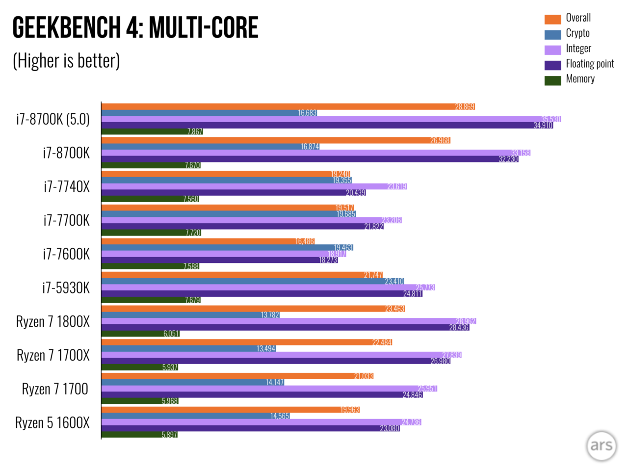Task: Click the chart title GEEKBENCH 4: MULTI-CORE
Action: [x=135, y=27]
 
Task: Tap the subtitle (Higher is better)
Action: [x=66, y=61]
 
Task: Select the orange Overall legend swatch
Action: [x=552, y=19]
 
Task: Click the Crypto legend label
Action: [x=577, y=33]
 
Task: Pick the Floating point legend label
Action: [x=590, y=64]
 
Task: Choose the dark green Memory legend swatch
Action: [x=552, y=80]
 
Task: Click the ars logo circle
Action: [x=601, y=445]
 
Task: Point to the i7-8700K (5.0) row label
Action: [x=53, y=119]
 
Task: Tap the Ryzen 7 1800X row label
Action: [x=53, y=322]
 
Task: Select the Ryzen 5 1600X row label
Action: [x=52, y=423]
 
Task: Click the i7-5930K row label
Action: [x=66, y=288]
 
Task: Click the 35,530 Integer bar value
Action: [x=551, y=119]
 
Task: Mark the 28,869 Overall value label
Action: [x=465, y=106]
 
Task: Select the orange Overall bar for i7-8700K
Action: [x=275, y=140]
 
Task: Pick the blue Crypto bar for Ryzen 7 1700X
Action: [x=188, y=349]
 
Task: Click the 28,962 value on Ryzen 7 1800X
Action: [x=466, y=321]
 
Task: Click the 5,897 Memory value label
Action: [x=169, y=435]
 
